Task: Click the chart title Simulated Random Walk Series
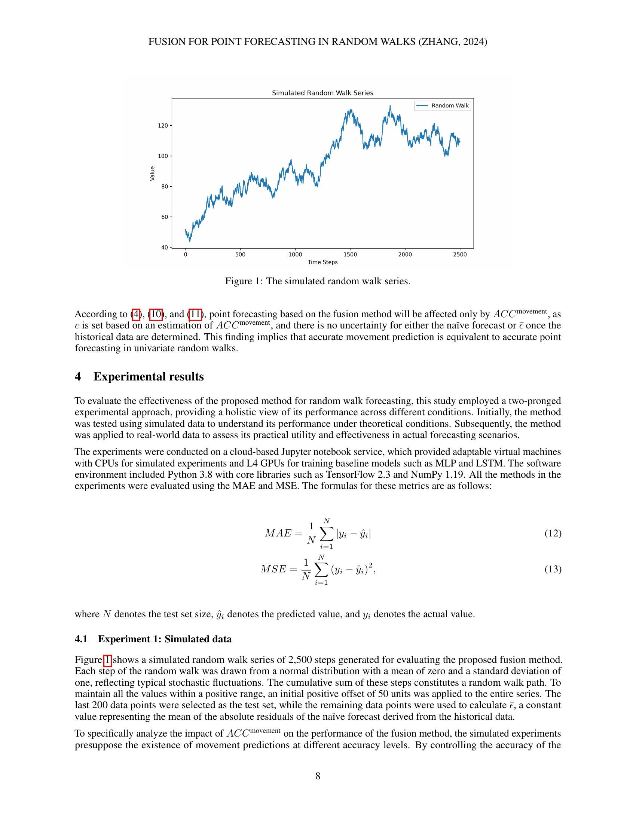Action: click(322, 93)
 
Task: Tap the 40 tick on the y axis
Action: click(164, 247)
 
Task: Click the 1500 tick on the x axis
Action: click(350, 254)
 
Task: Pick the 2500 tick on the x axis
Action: click(460, 254)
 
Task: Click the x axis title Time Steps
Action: click(322, 262)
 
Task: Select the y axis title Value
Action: click(152, 173)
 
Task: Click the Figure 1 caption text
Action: click(317, 281)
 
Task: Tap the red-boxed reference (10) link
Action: click(156, 314)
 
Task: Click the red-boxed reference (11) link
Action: click(195, 314)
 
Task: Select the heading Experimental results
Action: click(149, 376)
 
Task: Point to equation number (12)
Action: click(553, 533)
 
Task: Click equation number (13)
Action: click(553, 569)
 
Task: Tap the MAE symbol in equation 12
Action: click(278, 533)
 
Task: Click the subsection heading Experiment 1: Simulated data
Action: click(165, 639)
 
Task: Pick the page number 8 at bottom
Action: click(318, 776)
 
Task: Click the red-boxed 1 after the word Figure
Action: click(107, 660)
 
